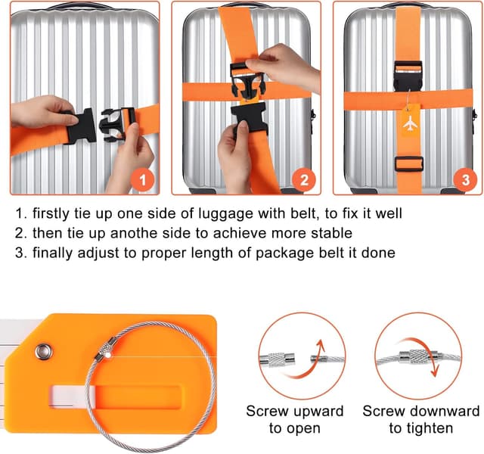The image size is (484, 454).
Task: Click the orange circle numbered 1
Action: click(142, 180)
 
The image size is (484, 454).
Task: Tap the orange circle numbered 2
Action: click(304, 180)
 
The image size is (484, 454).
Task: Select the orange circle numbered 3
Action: click(466, 180)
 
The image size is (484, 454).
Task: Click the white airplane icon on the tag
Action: click(410, 124)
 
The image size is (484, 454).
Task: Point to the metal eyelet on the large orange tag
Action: click(44, 351)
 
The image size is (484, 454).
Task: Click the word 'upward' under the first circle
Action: click(318, 412)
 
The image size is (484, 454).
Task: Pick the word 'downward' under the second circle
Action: click(445, 411)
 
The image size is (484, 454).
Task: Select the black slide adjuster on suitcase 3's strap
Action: click(409, 163)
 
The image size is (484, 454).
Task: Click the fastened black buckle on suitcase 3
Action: click(408, 76)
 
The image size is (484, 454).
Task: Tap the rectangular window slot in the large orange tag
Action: click(115, 396)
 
